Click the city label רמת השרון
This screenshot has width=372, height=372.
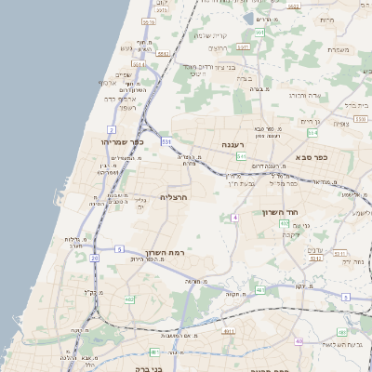[166, 252]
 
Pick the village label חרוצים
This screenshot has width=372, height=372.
[220, 48]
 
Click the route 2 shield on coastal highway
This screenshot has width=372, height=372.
[112, 129]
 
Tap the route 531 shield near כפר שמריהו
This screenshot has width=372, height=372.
[166, 141]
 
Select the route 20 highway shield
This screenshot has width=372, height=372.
[94, 258]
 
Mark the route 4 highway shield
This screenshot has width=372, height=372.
[235, 217]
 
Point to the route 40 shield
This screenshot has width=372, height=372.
[299, 341]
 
